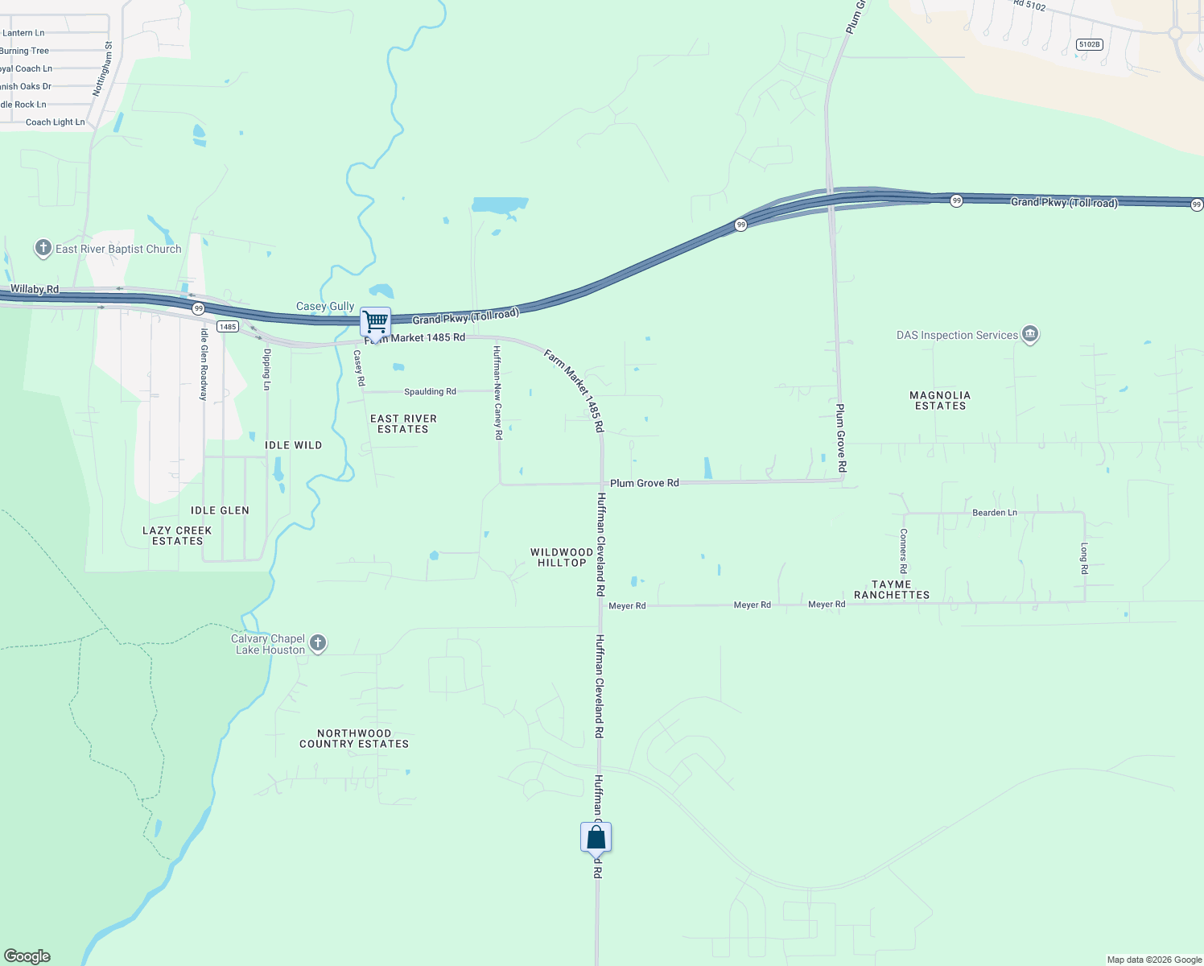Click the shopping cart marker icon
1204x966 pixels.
pos(375,322)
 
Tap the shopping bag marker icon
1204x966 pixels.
pos(596,838)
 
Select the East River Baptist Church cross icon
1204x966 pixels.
pos(43,248)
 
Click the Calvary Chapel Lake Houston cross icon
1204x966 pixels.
pos(318,642)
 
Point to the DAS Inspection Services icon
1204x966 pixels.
pos(1029,334)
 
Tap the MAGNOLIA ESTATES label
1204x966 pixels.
pos(940,400)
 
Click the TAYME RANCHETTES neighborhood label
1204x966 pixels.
pos(892,590)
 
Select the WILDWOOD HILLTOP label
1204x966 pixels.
pos(562,557)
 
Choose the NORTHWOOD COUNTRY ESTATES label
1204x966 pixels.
pos(354,738)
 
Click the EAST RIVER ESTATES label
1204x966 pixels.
pos(403,423)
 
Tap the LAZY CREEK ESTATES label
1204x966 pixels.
pos(177,535)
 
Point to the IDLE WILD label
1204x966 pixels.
pos(293,445)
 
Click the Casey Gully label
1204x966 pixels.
pos(325,306)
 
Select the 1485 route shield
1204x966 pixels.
pos(228,327)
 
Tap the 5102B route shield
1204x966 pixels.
pos(1089,44)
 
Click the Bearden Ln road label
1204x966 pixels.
pos(995,513)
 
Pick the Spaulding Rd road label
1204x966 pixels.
pos(430,392)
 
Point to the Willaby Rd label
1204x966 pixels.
pos(35,289)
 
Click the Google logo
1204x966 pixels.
pos(27,956)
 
